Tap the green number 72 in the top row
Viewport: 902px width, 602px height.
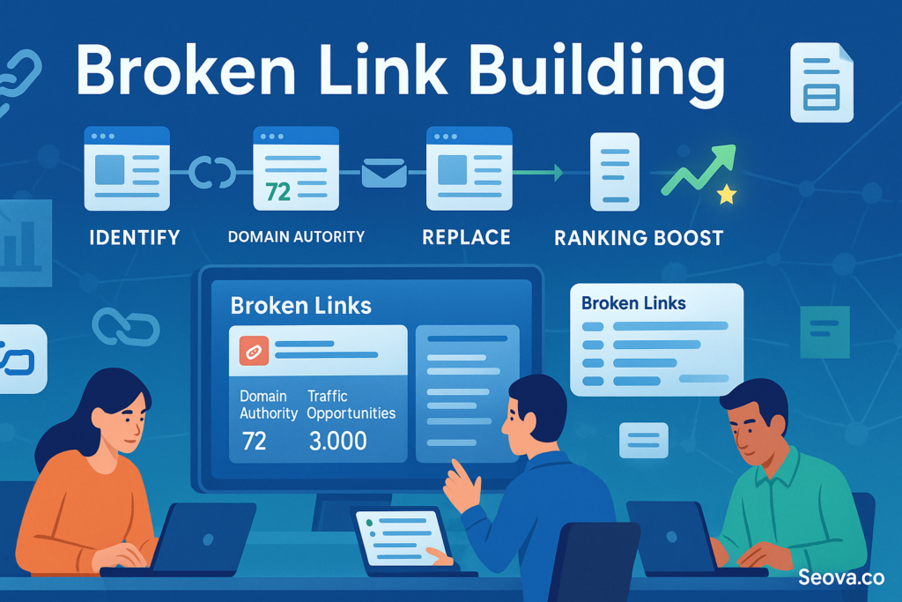click(277, 190)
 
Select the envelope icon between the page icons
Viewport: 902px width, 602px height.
click(384, 174)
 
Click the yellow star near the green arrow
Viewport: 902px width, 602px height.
click(726, 195)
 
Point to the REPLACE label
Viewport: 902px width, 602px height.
click(466, 237)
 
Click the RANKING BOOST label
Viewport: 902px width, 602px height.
click(639, 238)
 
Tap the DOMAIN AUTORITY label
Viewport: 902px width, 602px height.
click(296, 236)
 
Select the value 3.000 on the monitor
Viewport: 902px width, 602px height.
click(338, 441)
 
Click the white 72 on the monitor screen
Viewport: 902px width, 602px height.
click(254, 441)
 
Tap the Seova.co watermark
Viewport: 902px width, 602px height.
click(841, 577)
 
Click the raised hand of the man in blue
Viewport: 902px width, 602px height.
click(461, 482)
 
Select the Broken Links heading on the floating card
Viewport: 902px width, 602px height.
click(633, 302)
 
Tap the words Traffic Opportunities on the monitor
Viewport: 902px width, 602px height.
click(351, 405)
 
